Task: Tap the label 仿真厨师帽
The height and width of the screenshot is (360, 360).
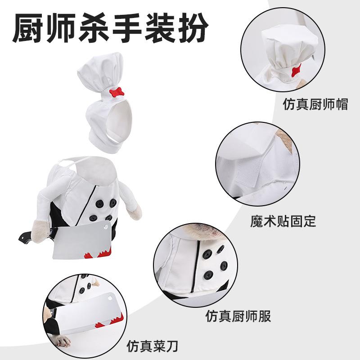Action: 315,104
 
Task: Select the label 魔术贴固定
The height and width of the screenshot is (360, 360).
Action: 283,221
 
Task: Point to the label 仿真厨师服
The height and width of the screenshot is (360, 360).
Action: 238,316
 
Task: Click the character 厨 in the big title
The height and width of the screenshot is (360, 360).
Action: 27,27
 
